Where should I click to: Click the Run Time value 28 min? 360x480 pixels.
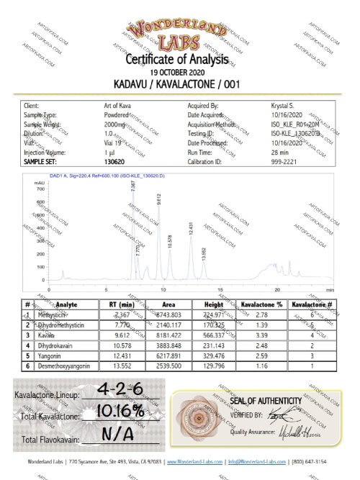coord(279,153)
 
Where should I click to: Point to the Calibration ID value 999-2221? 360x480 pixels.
coord(284,163)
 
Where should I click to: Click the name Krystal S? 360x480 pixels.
coord(284,106)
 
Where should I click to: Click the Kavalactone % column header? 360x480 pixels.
coord(261,304)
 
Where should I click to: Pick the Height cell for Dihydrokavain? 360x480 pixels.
coord(213,345)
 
